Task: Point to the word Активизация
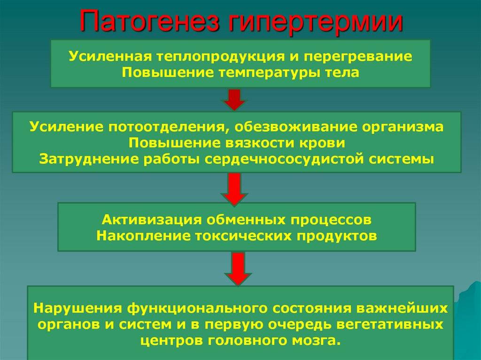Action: click(152, 220)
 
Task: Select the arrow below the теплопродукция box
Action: click(234, 100)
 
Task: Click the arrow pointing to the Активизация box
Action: click(234, 189)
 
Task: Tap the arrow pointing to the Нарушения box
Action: click(238, 269)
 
